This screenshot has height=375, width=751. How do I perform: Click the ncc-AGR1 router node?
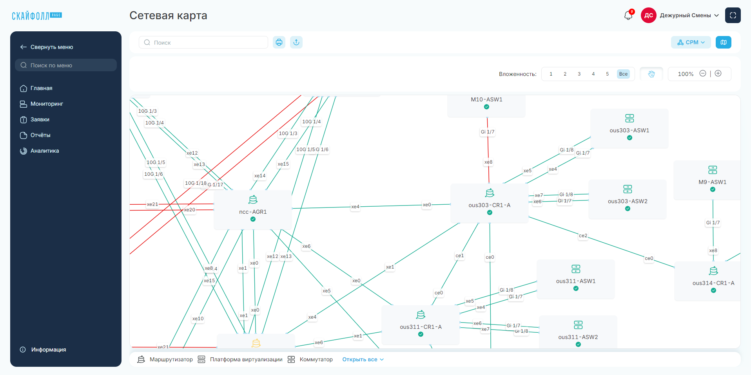(253, 209)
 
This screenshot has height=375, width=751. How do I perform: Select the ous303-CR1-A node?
(490, 203)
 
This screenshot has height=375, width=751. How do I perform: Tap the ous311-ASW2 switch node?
(578, 333)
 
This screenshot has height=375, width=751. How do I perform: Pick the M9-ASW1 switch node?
(713, 180)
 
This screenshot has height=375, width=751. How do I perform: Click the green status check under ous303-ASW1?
(629, 138)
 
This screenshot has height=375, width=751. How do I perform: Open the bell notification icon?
(628, 15)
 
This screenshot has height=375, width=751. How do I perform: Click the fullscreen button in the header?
(733, 15)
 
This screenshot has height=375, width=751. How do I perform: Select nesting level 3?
(579, 74)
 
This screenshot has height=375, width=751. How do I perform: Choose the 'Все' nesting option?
(623, 74)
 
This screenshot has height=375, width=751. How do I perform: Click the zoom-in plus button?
(718, 74)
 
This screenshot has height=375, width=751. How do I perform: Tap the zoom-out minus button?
(703, 74)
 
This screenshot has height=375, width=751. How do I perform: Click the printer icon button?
(279, 42)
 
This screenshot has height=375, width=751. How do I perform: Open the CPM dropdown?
(691, 42)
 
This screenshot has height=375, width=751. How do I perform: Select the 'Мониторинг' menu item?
(47, 104)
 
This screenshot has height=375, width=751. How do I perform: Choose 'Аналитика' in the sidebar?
(45, 151)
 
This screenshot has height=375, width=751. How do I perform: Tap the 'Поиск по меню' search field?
(66, 65)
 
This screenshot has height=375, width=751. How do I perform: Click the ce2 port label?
(583, 236)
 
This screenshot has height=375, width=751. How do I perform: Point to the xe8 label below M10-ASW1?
(488, 162)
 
